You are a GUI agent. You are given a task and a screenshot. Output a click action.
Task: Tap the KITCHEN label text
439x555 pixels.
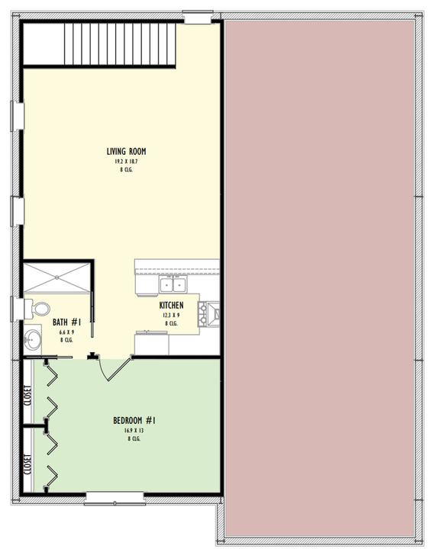click(x=171, y=305)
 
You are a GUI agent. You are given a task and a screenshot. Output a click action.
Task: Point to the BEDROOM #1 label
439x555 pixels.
click(x=135, y=420)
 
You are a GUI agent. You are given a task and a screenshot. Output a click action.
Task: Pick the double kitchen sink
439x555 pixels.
click(x=173, y=285)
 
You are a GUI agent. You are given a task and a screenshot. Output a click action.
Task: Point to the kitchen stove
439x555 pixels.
click(x=211, y=313)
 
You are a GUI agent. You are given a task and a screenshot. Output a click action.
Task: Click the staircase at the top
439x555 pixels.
click(x=118, y=44)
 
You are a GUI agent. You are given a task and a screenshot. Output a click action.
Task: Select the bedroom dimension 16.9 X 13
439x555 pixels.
click(x=135, y=430)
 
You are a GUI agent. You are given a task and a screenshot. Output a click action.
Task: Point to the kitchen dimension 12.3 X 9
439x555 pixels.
click(x=171, y=315)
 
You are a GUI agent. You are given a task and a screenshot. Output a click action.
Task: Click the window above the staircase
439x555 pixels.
click(x=198, y=15)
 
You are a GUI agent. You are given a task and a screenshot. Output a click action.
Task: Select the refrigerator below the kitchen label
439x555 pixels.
click(x=151, y=343)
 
